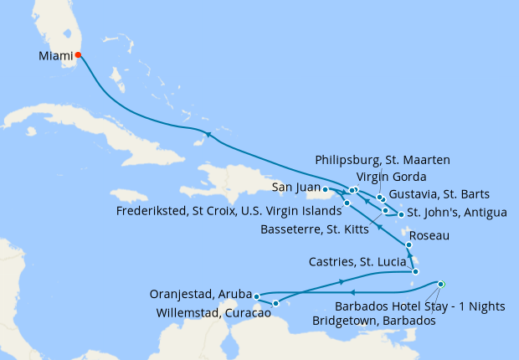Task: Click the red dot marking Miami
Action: [x=78, y=55]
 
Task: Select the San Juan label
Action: [x=291, y=188]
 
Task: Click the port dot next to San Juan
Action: [x=325, y=191]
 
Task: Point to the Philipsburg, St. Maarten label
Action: [x=382, y=160]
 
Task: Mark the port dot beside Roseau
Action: [x=409, y=245]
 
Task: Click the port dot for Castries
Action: [x=416, y=271]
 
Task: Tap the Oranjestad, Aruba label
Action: [x=200, y=294]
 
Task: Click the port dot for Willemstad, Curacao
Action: [x=275, y=302]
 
